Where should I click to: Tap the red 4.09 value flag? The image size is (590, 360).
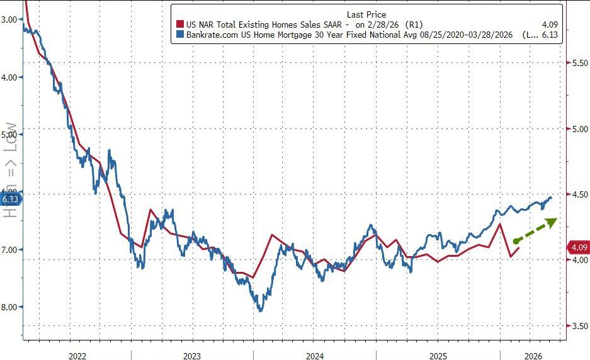pos(579,247)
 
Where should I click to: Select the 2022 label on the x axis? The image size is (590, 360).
pos(77,356)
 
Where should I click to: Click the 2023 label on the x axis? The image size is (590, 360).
pos(192,356)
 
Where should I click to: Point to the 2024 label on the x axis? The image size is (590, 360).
pos(314,356)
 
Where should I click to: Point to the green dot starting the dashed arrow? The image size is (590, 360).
pos(516,241)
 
